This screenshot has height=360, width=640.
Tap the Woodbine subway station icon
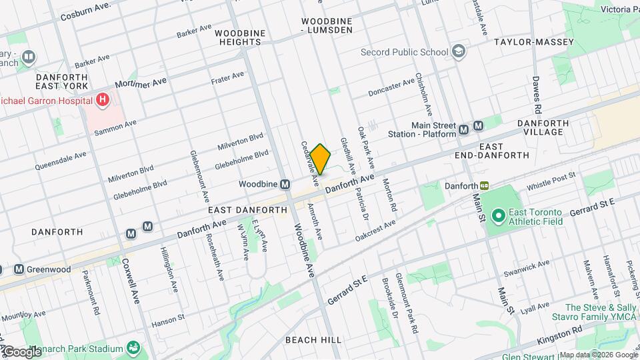pyautogui.click(x=285, y=184)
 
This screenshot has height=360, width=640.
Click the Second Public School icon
pyautogui.click(x=459, y=51)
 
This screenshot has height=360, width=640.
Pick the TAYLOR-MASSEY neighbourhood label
pyautogui.click(x=534, y=42)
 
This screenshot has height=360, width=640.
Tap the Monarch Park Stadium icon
pyautogui.click(x=134, y=347)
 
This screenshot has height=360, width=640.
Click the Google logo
pyautogui.click(x=21, y=351)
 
